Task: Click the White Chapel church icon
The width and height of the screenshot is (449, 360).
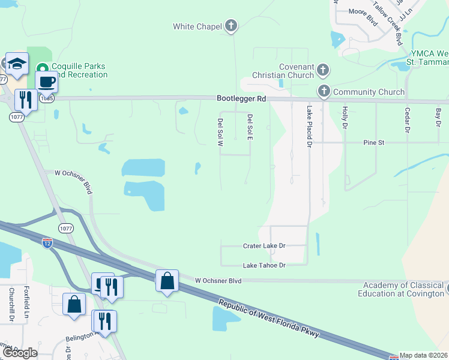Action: [231, 26]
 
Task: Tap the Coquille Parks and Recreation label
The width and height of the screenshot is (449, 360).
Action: [79, 71]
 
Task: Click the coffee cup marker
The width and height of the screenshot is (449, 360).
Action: [46, 81]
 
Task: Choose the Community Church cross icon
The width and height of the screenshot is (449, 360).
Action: [324, 92]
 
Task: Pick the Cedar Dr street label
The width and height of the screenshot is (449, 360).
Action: [407, 120]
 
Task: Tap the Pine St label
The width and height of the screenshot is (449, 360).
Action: [373, 143]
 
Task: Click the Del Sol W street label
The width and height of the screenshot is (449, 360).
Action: [220, 131]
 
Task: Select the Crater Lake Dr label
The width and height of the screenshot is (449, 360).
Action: [264, 246]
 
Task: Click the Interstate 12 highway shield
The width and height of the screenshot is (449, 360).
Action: [47, 242]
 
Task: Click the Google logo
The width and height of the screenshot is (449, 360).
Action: [20, 352]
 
